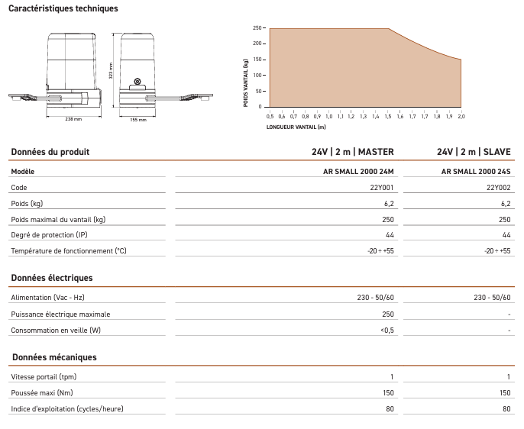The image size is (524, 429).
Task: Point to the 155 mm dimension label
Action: point(137,120)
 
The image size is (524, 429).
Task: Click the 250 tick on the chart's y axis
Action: point(256,28)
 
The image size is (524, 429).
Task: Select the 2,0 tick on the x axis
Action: point(461,116)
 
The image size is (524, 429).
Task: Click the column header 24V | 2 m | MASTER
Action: point(353,152)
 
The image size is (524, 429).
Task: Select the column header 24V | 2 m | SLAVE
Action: point(474,152)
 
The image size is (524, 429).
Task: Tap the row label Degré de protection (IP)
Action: point(50,235)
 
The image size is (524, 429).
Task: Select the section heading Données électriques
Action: point(52,278)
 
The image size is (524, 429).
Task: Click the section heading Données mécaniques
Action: point(53,357)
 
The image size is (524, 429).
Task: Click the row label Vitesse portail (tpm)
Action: point(44,377)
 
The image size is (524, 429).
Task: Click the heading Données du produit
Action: point(50,152)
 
